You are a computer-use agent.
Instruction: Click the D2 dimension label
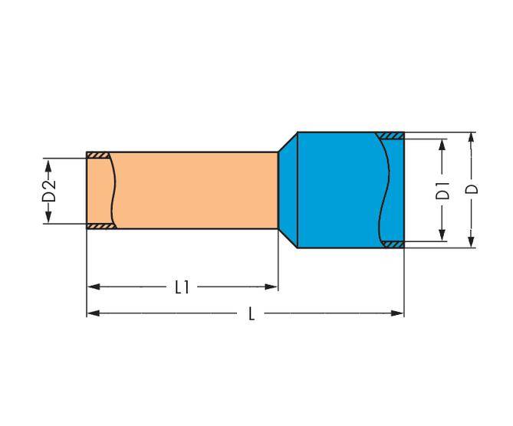48,192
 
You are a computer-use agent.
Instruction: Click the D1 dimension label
442,191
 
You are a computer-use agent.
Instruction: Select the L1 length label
182,287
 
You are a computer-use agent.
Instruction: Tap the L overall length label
251,314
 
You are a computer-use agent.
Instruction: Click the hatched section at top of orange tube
99,156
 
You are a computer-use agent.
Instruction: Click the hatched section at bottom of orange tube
99,227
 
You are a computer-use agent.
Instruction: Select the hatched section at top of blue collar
393,136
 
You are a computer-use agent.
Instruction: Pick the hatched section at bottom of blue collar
393,244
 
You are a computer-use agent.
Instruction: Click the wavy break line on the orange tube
114,191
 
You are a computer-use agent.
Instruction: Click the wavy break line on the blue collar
381,190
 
